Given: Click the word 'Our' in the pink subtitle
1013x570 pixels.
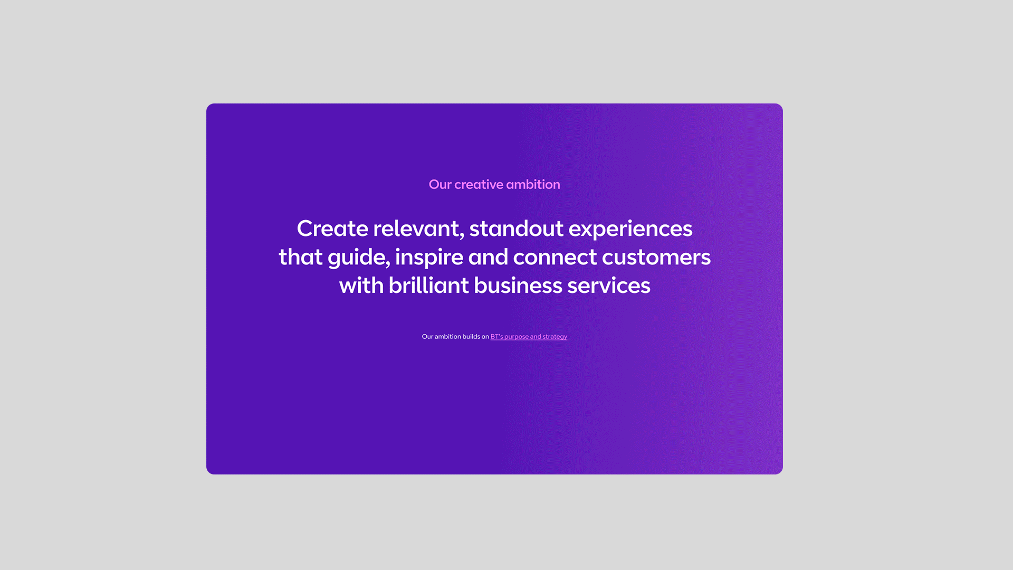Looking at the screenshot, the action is pyautogui.click(x=440, y=184).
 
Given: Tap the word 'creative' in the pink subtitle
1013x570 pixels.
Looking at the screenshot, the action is pyautogui.click(x=479, y=184).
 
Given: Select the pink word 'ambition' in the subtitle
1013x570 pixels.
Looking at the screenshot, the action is pyautogui.click(x=533, y=184).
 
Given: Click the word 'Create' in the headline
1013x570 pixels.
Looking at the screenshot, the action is pyautogui.click(x=332, y=229).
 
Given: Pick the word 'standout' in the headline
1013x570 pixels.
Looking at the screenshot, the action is pyautogui.click(x=517, y=229).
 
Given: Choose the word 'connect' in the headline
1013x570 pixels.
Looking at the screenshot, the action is pyautogui.click(x=555, y=258).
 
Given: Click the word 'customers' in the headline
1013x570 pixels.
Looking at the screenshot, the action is pyautogui.click(x=656, y=258).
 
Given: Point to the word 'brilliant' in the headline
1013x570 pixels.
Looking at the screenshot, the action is pyautogui.click(x=428, y=286).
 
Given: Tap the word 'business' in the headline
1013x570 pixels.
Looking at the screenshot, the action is pyautogui.click(x=518, y=286).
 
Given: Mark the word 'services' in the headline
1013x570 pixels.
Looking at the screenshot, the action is pyautogui.click(x=609, y=286).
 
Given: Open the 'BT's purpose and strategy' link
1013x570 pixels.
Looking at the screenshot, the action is pyautogui.click(x=529, y=337).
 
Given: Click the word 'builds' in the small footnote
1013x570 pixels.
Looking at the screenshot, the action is pyautogui.click(x=471, y=336).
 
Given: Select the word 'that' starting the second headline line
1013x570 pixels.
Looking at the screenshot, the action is pyautogui.click(x=301, y=257).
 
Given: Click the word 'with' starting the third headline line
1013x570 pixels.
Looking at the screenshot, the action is pyautogui.click(x=361, y=286).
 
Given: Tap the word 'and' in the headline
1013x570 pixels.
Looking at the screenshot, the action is pyautogui.click(x=488, y=257).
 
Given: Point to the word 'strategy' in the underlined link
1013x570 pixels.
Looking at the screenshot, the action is pyautogui.click(x=555, y=337).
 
